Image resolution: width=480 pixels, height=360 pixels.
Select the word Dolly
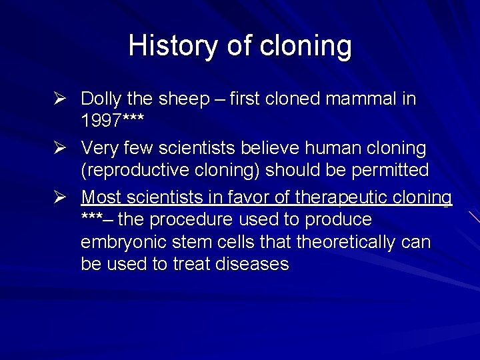coord(101,99)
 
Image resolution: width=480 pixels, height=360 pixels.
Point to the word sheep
coord(183,99)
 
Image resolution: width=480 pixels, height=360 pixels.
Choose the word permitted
coord(389,171)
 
